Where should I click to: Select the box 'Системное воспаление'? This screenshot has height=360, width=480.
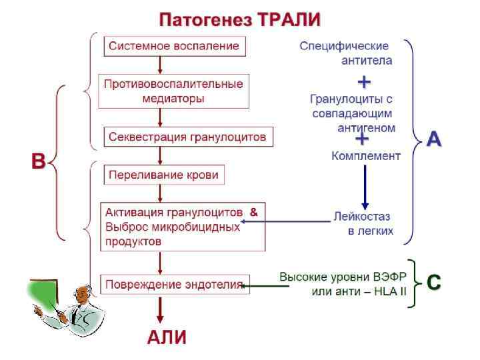[175, 46]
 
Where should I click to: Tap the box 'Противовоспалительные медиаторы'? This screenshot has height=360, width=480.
[173, 91]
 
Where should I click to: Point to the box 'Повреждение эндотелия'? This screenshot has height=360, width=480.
[175, 285]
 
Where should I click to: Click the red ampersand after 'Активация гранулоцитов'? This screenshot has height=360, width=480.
[253, 212]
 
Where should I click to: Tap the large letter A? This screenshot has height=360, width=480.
[434, 139]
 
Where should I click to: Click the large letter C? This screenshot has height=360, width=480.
[433, 283]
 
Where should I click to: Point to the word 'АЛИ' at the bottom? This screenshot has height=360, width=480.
[166, 337]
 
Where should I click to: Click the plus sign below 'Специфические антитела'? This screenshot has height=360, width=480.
[364, 82]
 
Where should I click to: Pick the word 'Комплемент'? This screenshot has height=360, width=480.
[366, 156]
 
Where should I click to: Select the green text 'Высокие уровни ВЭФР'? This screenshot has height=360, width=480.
[343, 276]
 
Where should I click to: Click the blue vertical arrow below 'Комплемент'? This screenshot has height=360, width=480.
[365, 187]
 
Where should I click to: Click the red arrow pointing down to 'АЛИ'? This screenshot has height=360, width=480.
[160, 310]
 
